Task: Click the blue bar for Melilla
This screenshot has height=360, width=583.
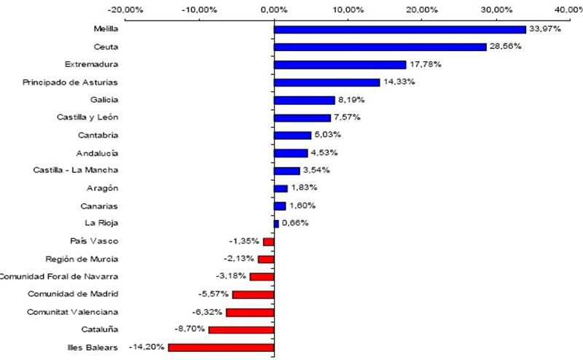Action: pyautogui.click(x=399, y=29)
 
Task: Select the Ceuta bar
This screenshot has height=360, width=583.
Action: pyautogui.click(x=380, y=47)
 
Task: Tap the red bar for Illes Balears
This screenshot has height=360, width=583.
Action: pyautogui.click(x=221, y=348)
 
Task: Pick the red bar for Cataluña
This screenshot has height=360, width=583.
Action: pyautogui.click(x=241, y=330)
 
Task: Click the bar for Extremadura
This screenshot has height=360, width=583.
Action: pyautogui.click(x=340, y=64)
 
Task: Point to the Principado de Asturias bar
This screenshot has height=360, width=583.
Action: pyautogui.click(x=326, y=82)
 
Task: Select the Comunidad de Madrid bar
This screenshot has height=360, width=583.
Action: pyautogui.click(x=253, y=294)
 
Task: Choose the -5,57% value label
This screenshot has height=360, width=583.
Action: pyautogui.click(x=212, y=294)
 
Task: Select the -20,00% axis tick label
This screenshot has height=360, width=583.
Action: pyautogui.click(x=125, y=9)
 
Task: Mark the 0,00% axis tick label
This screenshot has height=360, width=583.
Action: pyautogui.click(x=273, y=9)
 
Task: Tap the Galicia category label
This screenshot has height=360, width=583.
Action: pyautogui.click(x=103, y=100)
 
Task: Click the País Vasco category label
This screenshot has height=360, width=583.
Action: pyautogui.click(x=93, y=241)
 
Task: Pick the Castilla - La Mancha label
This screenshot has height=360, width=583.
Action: pyautogui.click(x=76, y=171)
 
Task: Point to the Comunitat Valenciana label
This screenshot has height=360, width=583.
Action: pyautogui.click(x=73, y=312)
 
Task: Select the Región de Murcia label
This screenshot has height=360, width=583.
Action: pyautogui.click(x=82, y=259)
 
